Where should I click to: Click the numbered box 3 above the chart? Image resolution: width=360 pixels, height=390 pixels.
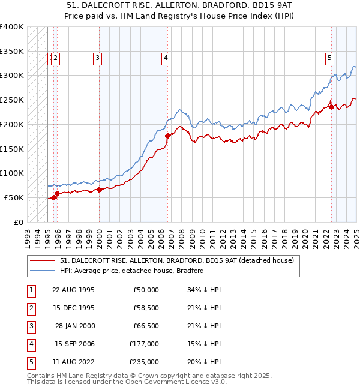point(97,58)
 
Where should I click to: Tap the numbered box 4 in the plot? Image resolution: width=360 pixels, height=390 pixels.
point(165,58)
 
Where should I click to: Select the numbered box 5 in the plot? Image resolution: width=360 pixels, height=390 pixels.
point(329,58)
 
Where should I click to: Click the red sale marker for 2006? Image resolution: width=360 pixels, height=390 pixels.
point(167,136)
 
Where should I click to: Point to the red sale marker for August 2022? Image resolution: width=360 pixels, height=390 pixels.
point(331,107)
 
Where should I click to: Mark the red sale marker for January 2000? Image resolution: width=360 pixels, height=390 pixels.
point(100,190)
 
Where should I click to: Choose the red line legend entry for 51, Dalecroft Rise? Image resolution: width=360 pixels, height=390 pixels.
point(176,260)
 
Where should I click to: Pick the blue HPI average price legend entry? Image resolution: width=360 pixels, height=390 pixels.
point(131,271)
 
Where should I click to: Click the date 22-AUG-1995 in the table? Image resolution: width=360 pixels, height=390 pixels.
point(74,290)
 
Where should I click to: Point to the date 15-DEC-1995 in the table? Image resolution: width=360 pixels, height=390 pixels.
point(74,308)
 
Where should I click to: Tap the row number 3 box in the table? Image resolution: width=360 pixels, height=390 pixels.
point(29,326)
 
